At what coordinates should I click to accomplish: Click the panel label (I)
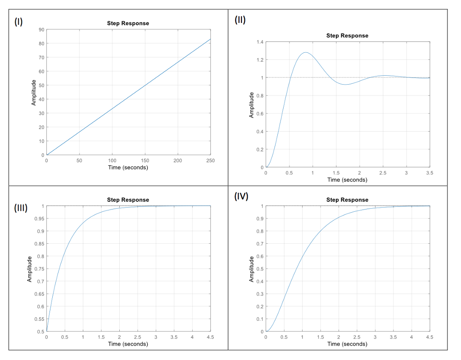point(18,22)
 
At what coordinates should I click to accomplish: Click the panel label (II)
point(240,20)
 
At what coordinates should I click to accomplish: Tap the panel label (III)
point(21,208)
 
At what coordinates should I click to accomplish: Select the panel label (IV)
point(241,197)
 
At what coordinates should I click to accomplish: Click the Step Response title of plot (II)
point(347,36)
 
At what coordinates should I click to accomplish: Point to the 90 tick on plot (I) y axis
point(41,30)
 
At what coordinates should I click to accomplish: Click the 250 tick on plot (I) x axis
point(210,160)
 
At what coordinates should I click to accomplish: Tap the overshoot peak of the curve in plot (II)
point(306,52)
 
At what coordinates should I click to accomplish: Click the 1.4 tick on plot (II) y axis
point(260,42)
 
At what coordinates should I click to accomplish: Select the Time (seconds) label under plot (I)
point(128,168)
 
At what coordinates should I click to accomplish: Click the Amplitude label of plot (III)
point(30,269)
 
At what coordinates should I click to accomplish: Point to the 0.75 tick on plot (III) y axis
point(40,269)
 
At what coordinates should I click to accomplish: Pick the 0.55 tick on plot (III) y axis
point(40,319)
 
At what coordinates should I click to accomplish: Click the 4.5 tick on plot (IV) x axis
point(429,337)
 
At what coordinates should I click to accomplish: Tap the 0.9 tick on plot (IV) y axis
point(260,219)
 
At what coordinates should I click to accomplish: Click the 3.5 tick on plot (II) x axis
point(429,173)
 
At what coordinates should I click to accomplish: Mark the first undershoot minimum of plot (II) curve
point(345,84)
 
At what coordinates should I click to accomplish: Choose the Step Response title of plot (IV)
point(347,200)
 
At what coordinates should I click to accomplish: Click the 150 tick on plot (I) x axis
point(145,160)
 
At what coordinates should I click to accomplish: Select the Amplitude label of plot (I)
point(34,92)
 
